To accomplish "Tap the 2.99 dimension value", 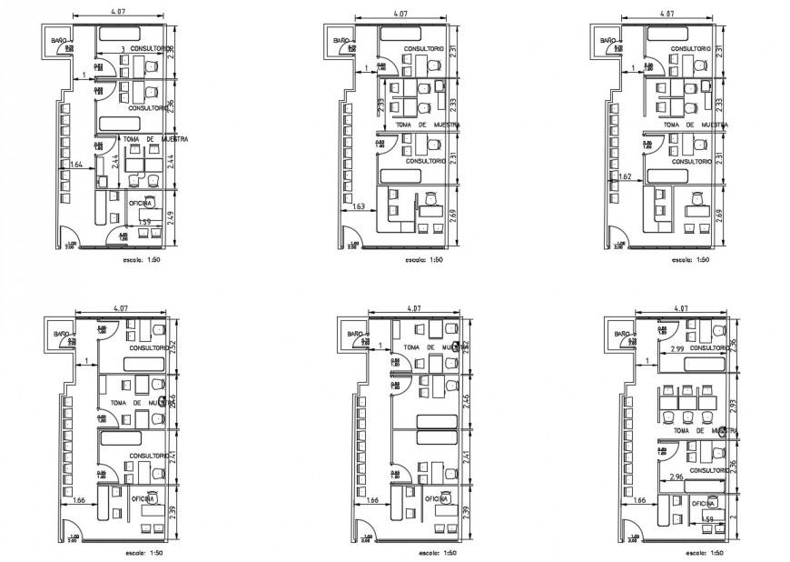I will (676, 348).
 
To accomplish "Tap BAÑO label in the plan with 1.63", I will (341, 41).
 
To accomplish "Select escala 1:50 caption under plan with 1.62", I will (690, 260).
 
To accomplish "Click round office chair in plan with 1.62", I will (697, 197).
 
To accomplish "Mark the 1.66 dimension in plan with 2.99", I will (640, 499).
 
